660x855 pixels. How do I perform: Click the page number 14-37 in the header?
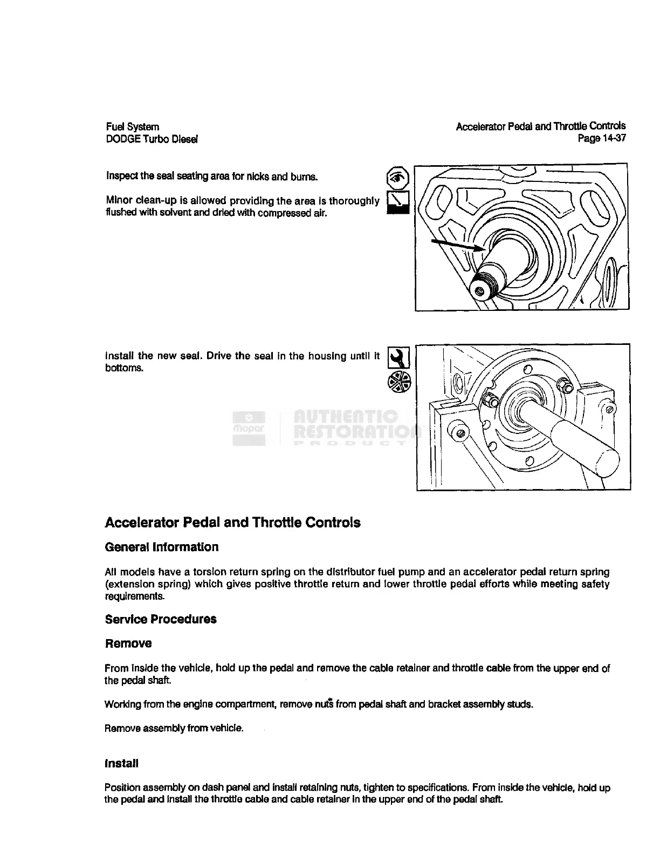[x=613, y=138]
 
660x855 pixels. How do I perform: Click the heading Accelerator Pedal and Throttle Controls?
[x=232, y=522]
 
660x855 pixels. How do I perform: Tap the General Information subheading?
[x=162, y=547]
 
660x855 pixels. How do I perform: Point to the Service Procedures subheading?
[x=161, y=619]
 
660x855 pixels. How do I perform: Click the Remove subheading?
[x=128, y=643]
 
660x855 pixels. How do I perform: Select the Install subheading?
[x=121, y=764]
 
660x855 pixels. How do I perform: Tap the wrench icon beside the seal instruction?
[x=399, y=357]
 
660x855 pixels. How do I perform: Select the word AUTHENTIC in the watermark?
[x=346, y=417]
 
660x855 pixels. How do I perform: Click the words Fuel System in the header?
[x=133, y=127]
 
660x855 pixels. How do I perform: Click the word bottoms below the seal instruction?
[x=124, y=368]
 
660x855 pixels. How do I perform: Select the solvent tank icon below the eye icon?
[x=398, y=202]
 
